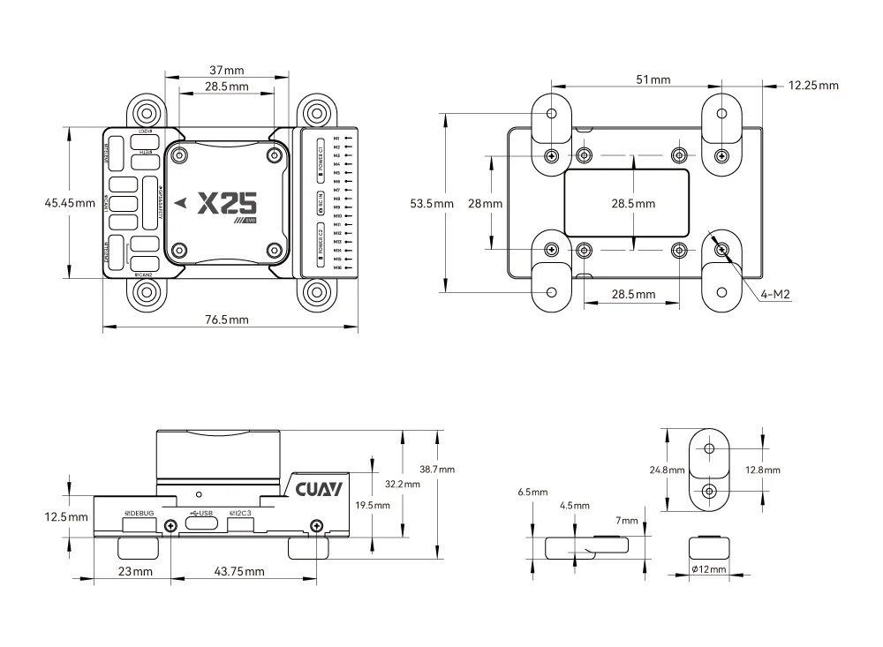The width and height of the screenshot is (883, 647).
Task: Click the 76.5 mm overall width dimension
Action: pos(226,319)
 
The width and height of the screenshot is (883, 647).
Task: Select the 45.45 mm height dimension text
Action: pos(70,203)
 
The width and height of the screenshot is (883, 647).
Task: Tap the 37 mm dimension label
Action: pos(226,70)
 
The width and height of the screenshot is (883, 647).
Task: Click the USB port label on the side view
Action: pos(202,513)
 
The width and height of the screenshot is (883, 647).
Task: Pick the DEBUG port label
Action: pos(140,513)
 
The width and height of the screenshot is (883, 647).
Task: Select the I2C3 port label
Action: pos(241,513)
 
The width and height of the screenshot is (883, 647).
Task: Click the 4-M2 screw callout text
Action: pos(774,293)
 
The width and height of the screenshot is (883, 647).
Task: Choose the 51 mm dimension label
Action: pos(653,79)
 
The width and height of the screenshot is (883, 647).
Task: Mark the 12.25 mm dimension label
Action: pos(813,86)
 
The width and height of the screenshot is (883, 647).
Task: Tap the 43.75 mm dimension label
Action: pos(239,572)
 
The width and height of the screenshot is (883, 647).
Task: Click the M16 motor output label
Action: pos(337,266)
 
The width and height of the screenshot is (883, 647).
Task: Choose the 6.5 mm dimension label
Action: pos(533,491)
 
